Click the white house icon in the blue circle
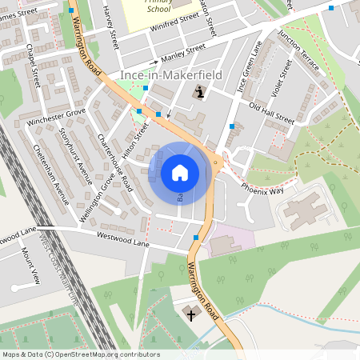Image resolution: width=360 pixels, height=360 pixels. [x=179, y=172]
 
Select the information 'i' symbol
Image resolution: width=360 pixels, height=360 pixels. [x=199, y=94]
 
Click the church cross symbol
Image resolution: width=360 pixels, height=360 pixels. [x=190, y=314]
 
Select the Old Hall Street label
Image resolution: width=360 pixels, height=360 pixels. [x=272, y=113]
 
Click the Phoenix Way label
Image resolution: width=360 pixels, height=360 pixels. [x=265, y=191]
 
